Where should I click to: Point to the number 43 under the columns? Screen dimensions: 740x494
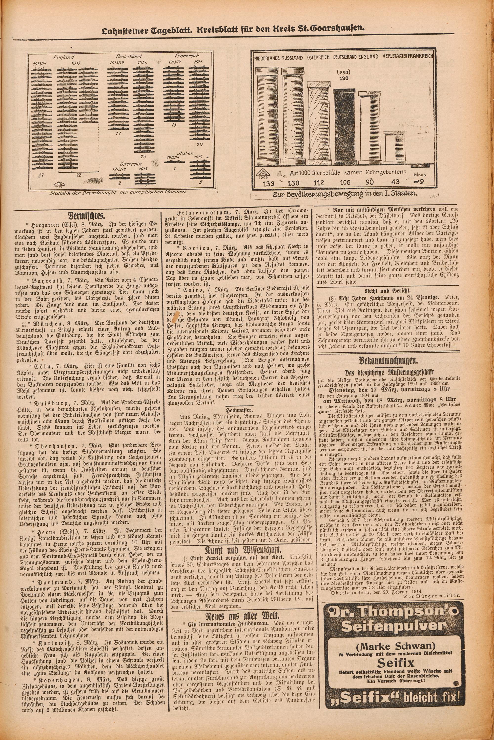pos(395,182)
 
